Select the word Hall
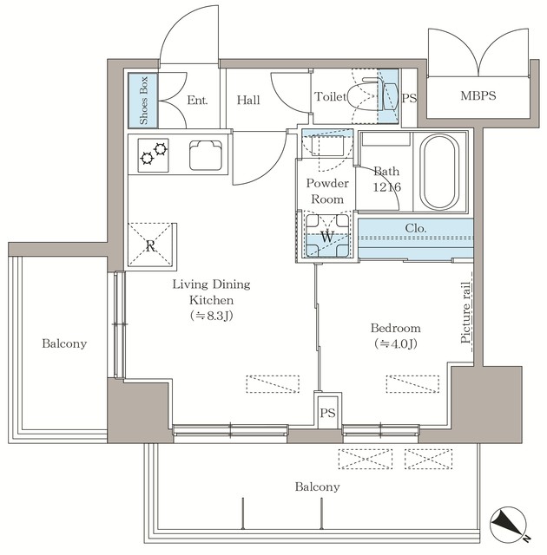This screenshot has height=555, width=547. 247,101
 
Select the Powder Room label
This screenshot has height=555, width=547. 327,191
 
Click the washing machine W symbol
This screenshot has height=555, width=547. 326,236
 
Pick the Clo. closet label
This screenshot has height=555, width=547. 415,229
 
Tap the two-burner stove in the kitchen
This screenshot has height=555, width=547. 154,153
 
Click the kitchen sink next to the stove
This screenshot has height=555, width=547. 207,155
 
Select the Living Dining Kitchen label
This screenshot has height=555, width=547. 211,299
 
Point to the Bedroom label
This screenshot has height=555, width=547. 395,336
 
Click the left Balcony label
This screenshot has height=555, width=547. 64,344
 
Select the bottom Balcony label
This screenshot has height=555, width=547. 316,486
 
